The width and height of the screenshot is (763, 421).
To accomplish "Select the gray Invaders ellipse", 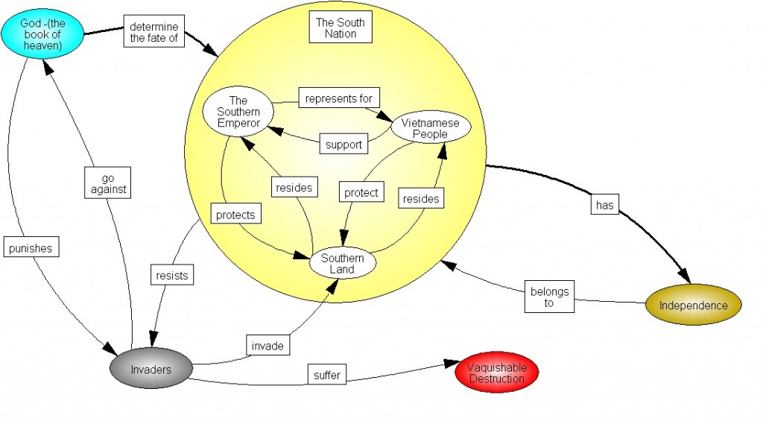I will [151, 370].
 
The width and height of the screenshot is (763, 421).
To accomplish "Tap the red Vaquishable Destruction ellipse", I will [496, 373].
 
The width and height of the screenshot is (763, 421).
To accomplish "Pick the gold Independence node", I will [693, 306].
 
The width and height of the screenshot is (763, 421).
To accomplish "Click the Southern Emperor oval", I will [238, 112].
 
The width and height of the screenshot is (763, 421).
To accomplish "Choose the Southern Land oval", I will [342, 263].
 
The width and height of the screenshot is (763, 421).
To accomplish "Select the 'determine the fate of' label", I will [153, 32].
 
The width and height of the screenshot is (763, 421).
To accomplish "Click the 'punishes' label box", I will [32, 248].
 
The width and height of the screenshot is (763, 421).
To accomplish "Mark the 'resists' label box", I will [171, 275].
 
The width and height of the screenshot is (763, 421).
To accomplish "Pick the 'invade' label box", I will [267, 346].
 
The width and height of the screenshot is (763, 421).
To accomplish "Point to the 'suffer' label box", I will [327, 375].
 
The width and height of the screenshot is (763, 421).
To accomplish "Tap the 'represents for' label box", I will [339, 97].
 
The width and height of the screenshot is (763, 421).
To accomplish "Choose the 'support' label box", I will [343, 145].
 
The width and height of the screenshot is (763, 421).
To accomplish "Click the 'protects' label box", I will [235, 215].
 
